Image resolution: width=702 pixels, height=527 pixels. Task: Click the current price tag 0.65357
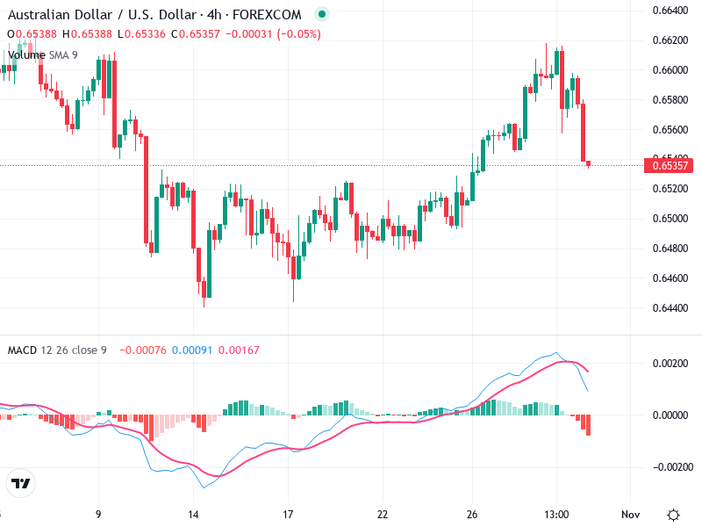669,165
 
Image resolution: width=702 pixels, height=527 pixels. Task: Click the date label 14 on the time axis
194,515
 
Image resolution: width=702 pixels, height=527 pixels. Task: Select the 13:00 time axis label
558,515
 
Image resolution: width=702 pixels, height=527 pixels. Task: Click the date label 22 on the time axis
383,515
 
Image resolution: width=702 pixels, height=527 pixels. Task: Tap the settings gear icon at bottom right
673,515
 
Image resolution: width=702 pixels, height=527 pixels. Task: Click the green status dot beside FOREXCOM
322,15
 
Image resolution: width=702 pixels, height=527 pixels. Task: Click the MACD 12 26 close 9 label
57,350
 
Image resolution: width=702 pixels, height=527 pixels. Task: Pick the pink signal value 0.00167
238,350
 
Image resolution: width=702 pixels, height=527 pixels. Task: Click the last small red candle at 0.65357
588,163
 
